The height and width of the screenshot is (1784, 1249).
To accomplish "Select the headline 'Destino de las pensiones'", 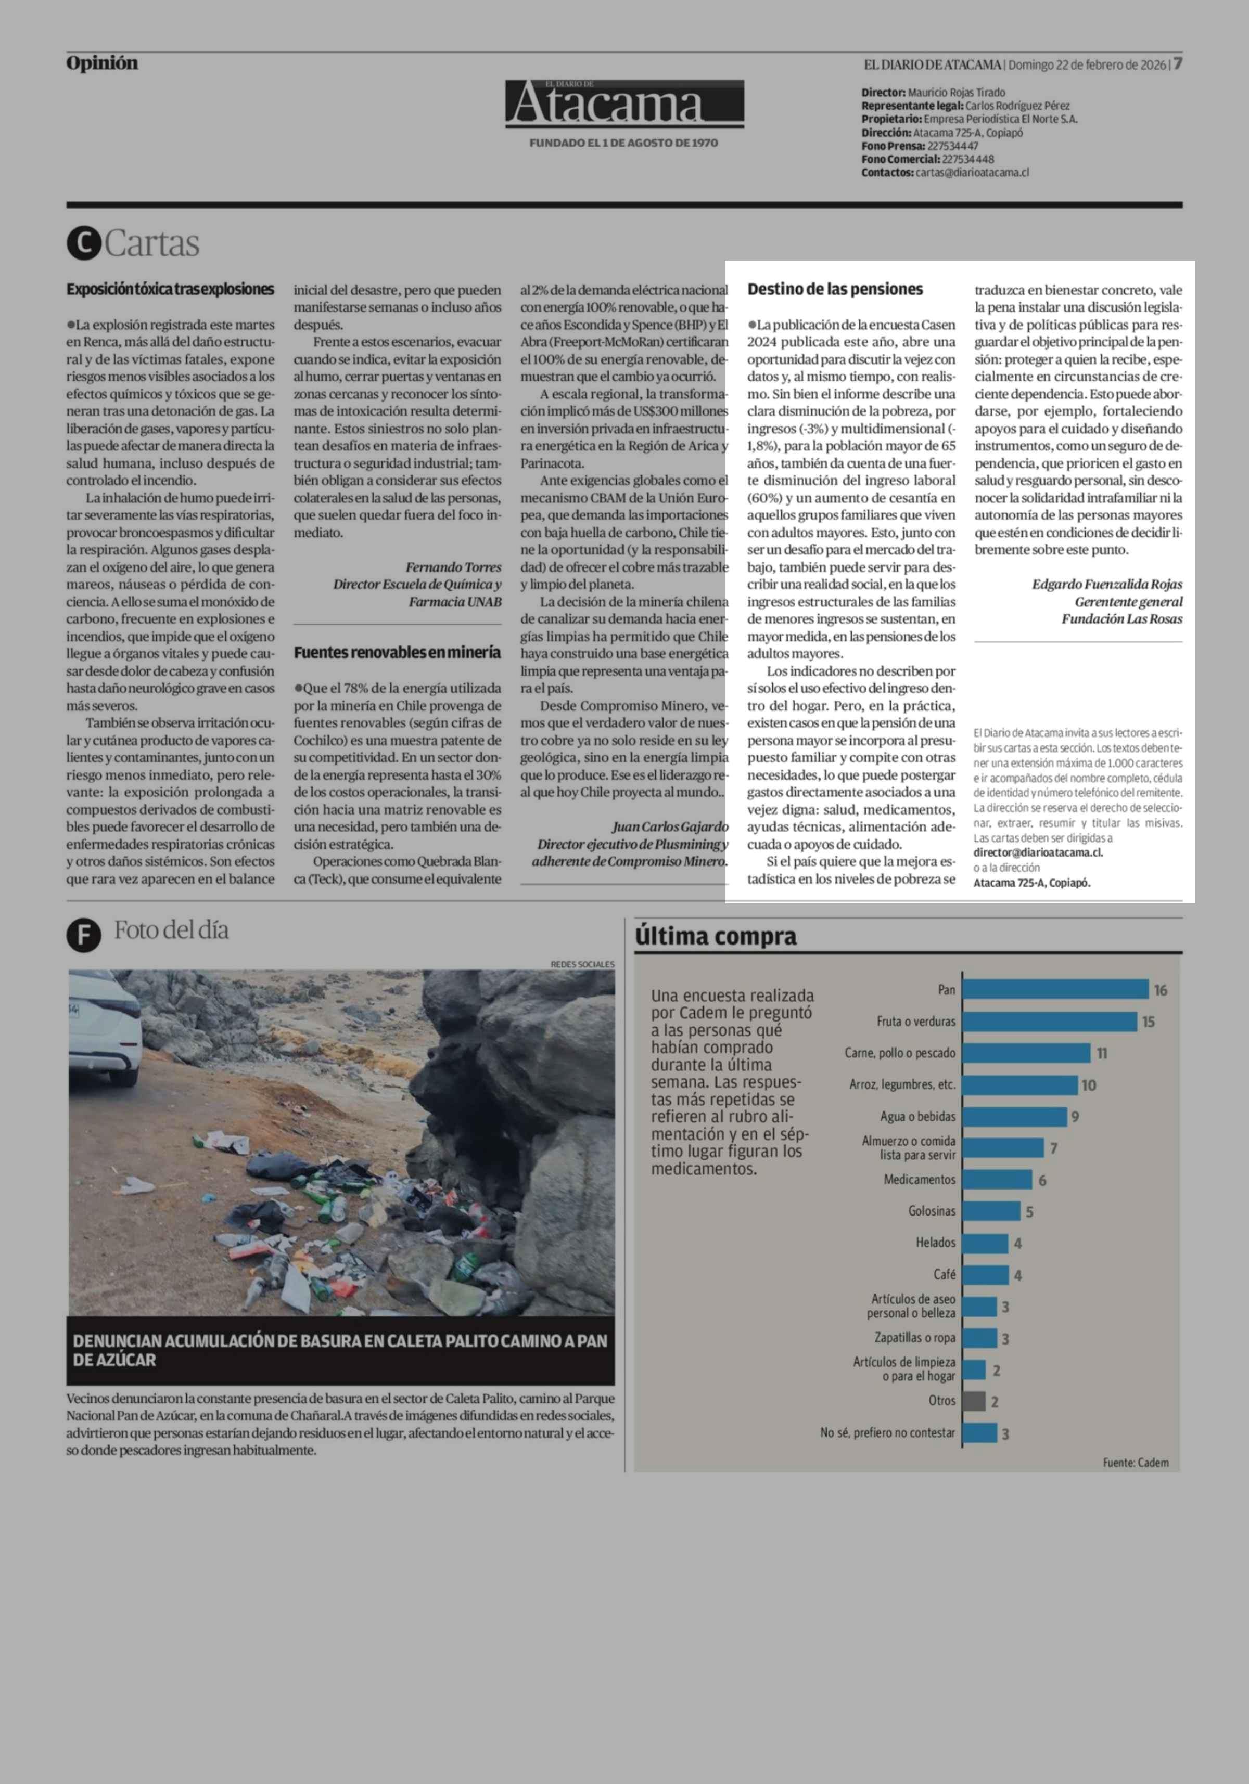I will click(x=835, y=289).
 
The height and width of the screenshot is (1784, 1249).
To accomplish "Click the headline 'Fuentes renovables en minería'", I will click(x=397, y=653).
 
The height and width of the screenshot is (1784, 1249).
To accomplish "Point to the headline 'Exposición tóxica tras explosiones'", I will click(x=170, y=289).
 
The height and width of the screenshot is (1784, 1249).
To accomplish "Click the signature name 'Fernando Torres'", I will click(x=453, y=567).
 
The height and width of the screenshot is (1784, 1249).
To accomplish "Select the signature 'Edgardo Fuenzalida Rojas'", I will click(x=1107, y=584).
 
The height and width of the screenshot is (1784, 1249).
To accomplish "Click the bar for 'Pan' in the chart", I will click(x=1055, y=989).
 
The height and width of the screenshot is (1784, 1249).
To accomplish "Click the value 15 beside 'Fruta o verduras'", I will click(x=1148, y=1022).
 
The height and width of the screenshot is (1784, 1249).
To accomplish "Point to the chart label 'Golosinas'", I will click(x=932, y=1211).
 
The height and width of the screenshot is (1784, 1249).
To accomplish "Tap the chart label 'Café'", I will click(x=945, y=1274).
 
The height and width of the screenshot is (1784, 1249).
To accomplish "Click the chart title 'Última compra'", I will click(x=716, y=936).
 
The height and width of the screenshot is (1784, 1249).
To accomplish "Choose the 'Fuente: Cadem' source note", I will click(x=1136, y=1463).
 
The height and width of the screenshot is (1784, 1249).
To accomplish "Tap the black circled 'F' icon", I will click(x=84, y=936).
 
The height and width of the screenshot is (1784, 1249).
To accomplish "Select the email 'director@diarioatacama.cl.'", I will click(x=1038, y=852).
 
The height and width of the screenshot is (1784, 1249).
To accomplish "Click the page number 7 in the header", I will click(x=1178, y=63).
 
